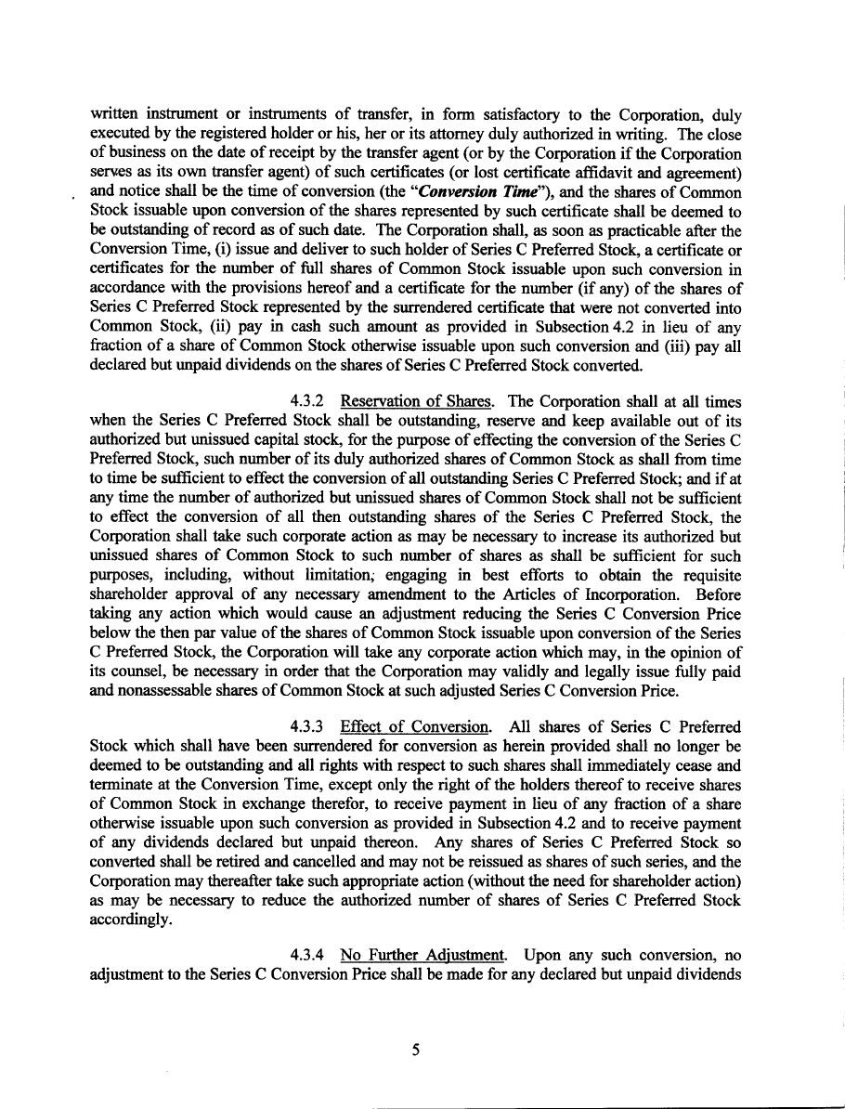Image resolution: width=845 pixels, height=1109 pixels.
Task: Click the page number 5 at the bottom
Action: point(416,1050)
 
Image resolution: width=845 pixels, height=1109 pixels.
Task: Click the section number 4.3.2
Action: point(305,402)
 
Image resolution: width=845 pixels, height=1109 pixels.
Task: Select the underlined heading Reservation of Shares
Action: point(416,402)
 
